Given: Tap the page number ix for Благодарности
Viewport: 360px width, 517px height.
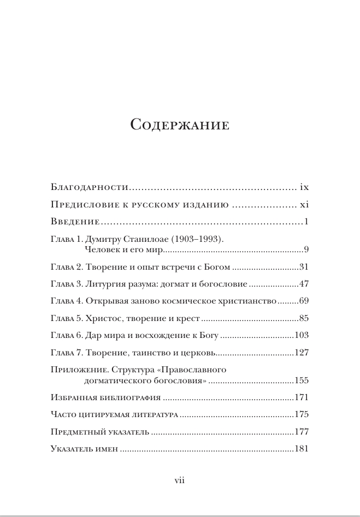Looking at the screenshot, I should [x=304, y=187].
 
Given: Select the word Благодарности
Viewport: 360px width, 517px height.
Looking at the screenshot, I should [x=89, y=187].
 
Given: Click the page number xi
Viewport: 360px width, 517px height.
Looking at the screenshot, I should [x=305, y=205].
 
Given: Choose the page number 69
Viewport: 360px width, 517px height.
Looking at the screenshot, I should [x=304, y=301].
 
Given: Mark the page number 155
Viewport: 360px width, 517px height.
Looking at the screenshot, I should [x=302, y=380].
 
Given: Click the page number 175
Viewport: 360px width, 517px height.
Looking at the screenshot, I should [x=302, y=414].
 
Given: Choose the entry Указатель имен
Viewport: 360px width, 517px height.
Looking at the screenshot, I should [x=84, y=449].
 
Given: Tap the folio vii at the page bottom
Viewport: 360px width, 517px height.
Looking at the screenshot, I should [x=180, y=480].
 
